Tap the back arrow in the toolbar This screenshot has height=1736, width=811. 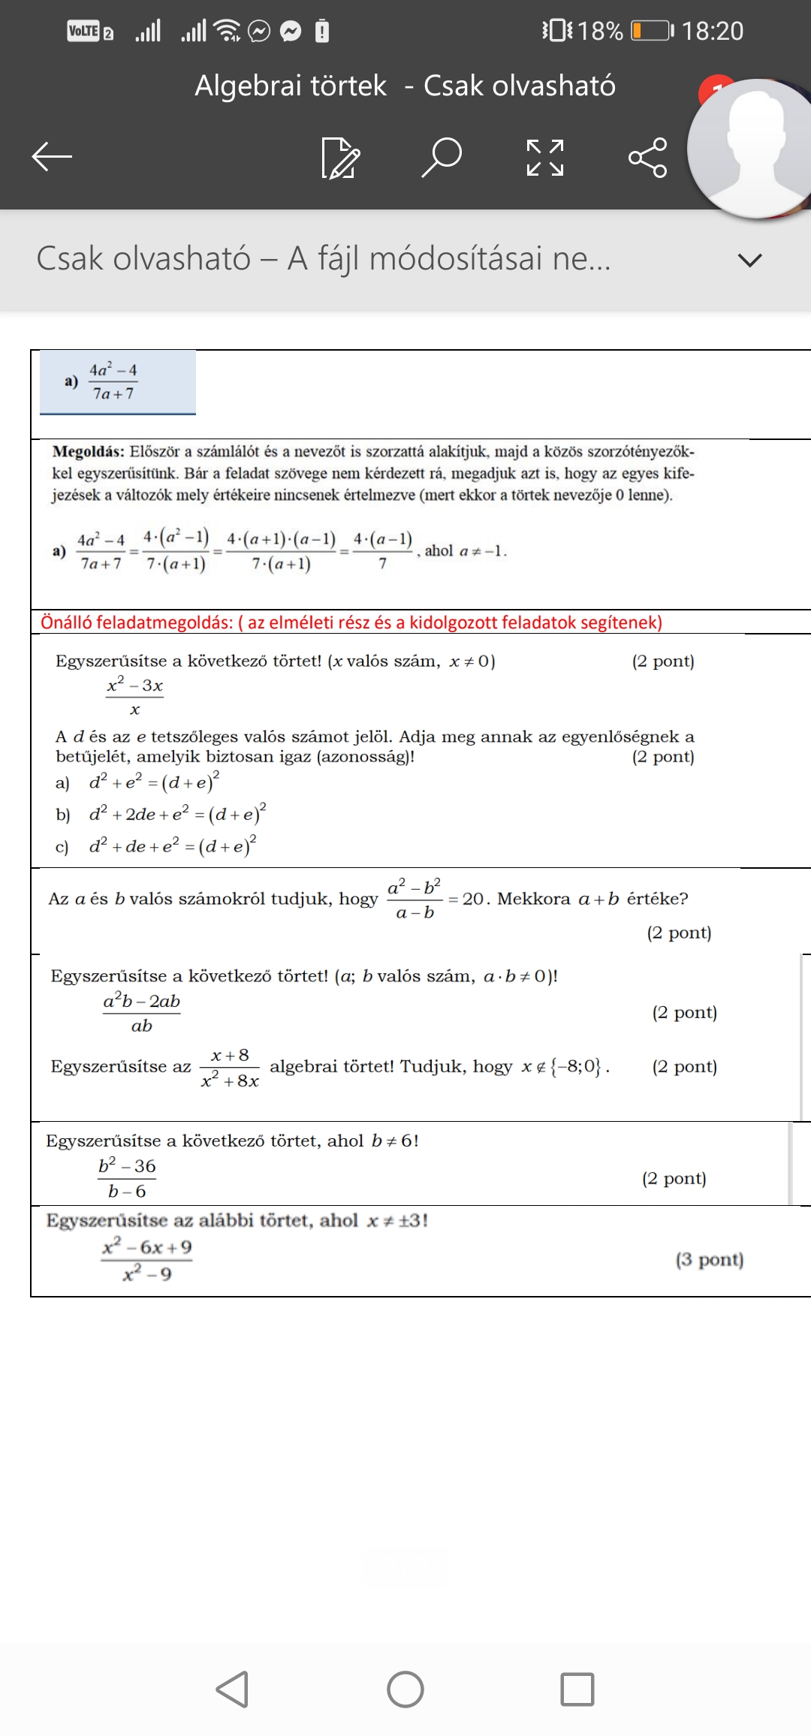pos(52,157)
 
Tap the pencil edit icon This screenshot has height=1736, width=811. pos(340,158)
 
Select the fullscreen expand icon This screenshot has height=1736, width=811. pos(545,158)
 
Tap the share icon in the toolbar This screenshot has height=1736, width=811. pos(647,158)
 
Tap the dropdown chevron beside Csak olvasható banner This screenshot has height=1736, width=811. pos(749,260)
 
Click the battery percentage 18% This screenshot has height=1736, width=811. pos(600,31)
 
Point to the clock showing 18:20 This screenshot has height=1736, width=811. pos(712,31)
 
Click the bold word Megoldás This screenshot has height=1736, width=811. pos(88,451)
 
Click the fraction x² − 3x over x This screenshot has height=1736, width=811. pos(135,697)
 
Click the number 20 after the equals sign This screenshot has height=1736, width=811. pos(473,899)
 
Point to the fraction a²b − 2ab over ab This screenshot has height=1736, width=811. pos(142,1013)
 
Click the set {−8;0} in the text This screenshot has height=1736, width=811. pos(576,1066)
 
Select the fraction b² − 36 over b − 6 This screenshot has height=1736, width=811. pos(127,1178)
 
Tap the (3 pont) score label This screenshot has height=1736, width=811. pos(709,1259)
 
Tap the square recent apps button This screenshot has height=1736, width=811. pos(577,1689)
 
